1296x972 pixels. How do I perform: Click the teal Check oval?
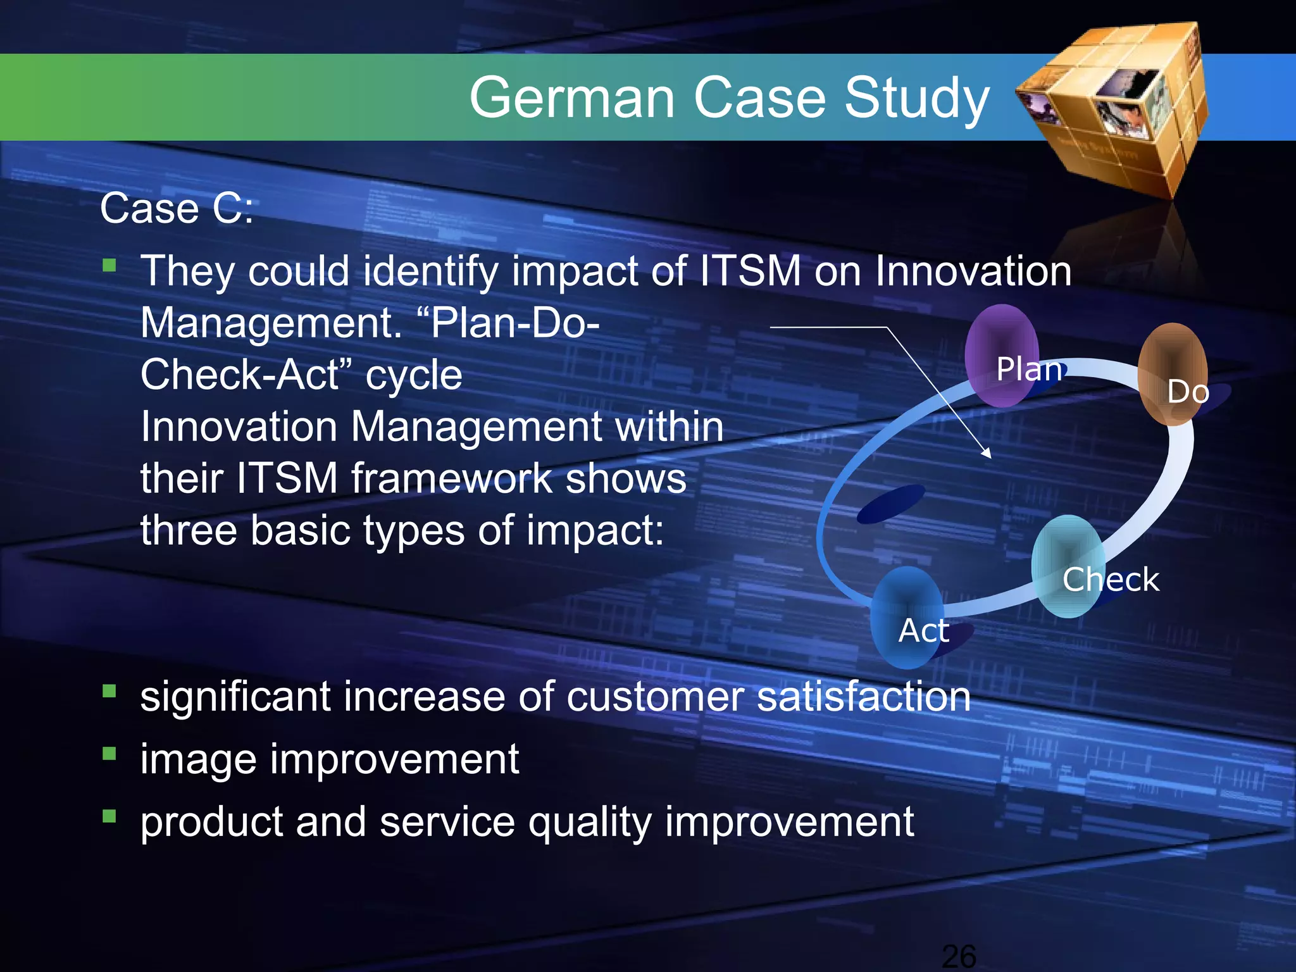1068,566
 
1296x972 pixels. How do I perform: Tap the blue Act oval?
906,618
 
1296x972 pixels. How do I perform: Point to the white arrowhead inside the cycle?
986,453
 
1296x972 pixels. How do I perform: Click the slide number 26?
959,956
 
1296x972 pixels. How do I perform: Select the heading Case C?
177,208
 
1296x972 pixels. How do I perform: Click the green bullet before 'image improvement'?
109,754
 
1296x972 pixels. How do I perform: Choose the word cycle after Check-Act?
414,375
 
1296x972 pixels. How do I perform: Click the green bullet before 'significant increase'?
109,691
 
